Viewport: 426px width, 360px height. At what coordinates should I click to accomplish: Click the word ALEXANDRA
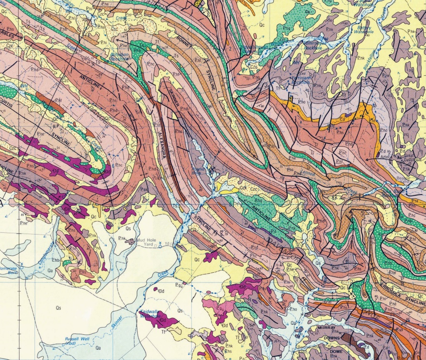click(x=164, y=145)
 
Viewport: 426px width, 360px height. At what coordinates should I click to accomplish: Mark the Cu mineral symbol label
click(x=308, y=12)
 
